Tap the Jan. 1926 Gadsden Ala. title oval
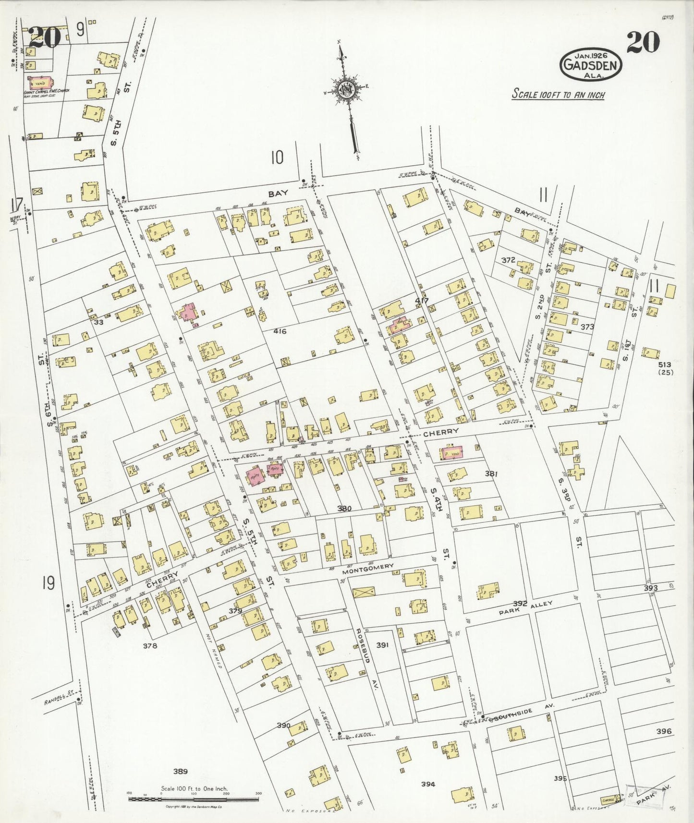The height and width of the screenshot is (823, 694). click(x=590, y=64)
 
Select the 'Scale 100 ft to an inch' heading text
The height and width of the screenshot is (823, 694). click(x=558, y=94)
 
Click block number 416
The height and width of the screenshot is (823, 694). click(x=280, y=331)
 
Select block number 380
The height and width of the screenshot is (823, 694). click(x=344, y=509)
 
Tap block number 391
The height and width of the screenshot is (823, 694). click(x=382, y=645)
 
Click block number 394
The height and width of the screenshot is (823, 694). click(x=428, y=784)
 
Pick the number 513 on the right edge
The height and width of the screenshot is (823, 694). click(x=665, y=365)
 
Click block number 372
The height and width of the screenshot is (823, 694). click(x=508, y=260)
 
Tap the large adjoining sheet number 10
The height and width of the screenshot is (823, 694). click(x=277, y=157)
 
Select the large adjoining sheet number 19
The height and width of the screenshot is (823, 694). click(x=48, y=584)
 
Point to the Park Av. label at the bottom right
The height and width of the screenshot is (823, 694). click(x=653, y=793)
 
